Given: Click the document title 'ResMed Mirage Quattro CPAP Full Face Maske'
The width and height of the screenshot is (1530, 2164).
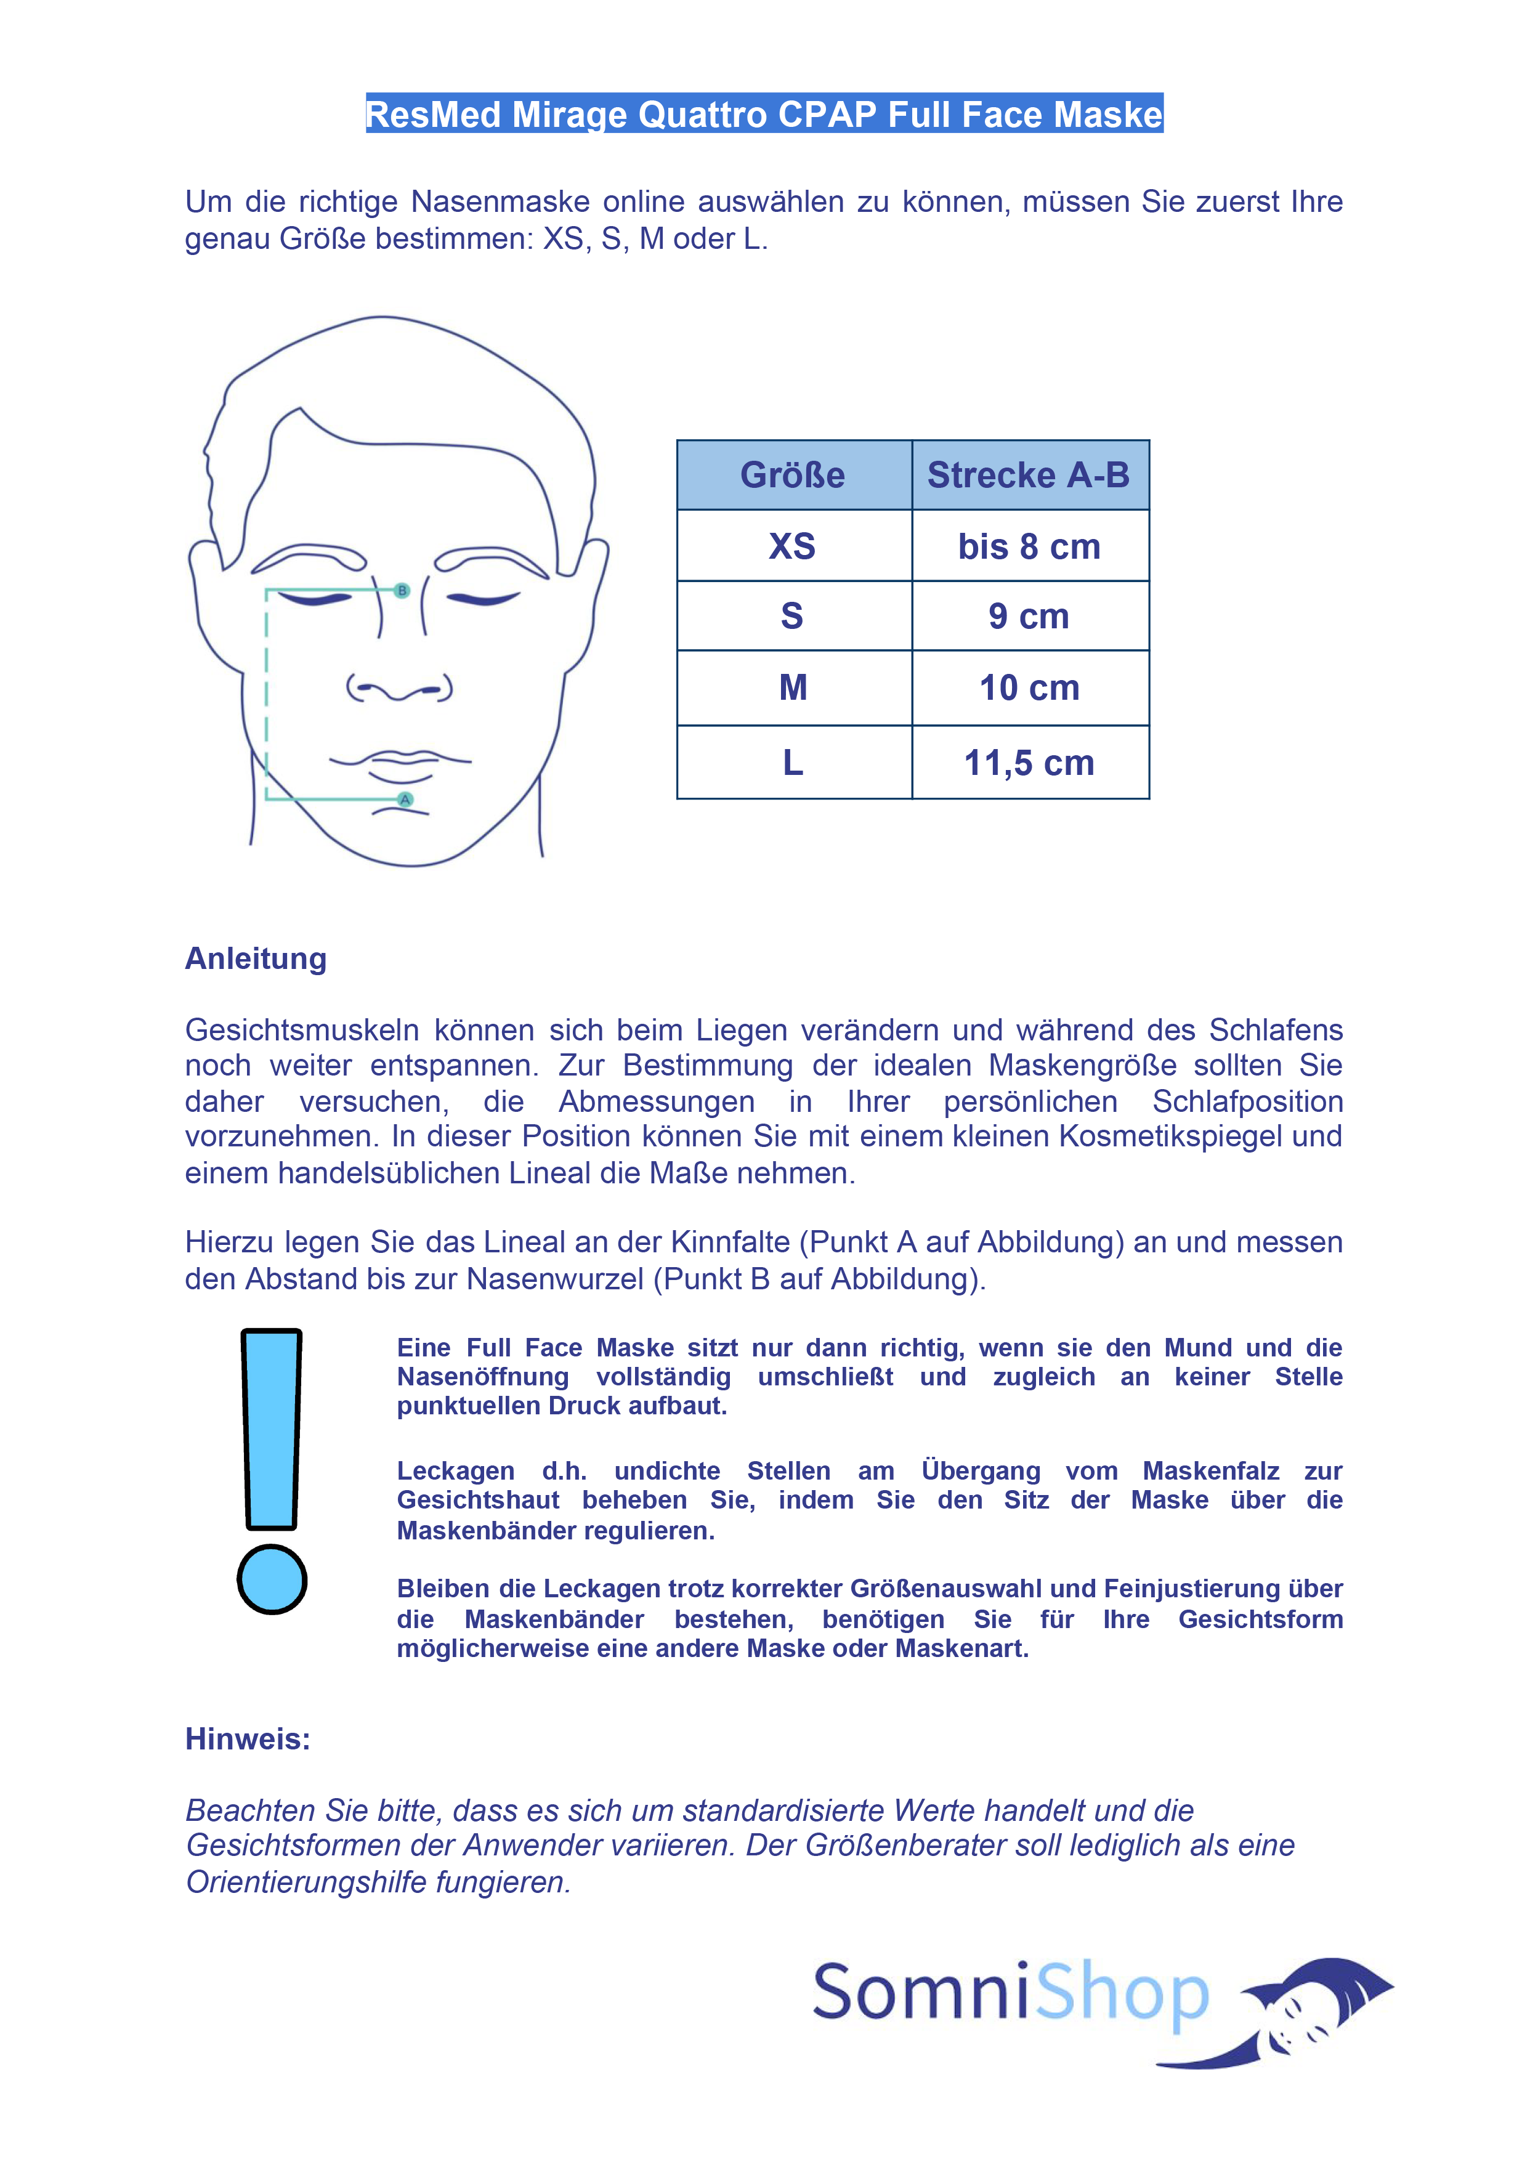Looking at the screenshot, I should click(764, 114).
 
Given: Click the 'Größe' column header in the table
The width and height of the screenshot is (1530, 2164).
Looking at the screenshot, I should click(792, 475).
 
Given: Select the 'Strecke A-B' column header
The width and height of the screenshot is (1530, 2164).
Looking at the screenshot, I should click(1029, 475).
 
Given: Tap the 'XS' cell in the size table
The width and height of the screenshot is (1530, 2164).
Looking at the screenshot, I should click(792, 546).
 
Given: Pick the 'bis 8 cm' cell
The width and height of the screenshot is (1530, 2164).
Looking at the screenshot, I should click(1029, 546).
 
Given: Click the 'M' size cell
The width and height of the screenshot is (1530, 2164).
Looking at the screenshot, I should click(793, 687).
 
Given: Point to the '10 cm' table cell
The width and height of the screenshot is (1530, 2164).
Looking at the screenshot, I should click(1029, 687).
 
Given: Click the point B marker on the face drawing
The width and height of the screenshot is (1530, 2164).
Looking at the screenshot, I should click(403, 590).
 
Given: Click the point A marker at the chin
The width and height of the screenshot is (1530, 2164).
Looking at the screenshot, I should click(405, 799).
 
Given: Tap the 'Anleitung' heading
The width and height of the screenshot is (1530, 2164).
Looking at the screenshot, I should click(256, 958).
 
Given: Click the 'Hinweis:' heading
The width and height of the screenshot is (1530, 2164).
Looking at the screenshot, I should click(247, 1738).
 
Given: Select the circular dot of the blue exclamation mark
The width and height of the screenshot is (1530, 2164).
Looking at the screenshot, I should click(272, 1579).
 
